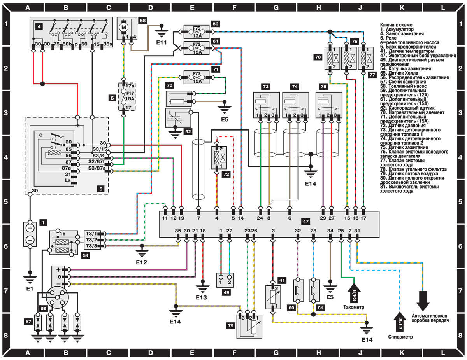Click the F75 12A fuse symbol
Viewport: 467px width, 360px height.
[x=197, y=30]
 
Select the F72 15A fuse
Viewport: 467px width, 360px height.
[x=197, y=48]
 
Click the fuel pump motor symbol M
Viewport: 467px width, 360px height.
[x=125, y=27]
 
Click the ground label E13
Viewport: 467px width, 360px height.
[x=202, y=298]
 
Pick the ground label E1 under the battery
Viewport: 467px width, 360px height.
[x=30, y=289]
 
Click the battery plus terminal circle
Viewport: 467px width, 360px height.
[x=30, y=227]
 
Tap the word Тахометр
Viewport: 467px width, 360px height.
[x=353, y=307]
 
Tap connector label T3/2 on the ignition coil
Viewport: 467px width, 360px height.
[x=93, y=240]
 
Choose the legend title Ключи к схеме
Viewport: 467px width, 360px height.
[x=396, y=24]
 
